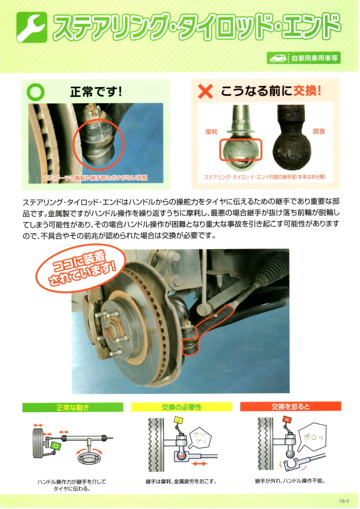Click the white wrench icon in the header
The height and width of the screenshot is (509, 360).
click(32, 27)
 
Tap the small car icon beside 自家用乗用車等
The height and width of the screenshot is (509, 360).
click(278, 58)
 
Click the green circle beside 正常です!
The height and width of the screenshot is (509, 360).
click(35, 92)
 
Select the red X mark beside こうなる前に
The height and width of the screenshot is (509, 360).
click(205, 92)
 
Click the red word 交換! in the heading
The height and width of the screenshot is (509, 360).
click(307, 91)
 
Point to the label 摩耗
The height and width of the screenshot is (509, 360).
click(211, 132)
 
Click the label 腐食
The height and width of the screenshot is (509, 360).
click(318, 131)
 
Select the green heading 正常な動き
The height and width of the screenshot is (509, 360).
click(73, 407)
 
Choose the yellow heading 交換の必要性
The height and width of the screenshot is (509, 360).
click(182, 407)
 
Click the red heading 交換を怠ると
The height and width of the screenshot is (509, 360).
click(291, 407)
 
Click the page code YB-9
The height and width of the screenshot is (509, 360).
click(344, 501)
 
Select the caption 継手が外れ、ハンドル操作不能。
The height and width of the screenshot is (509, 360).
click(290, 481)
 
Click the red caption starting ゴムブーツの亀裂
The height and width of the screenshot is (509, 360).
click(96, 178)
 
